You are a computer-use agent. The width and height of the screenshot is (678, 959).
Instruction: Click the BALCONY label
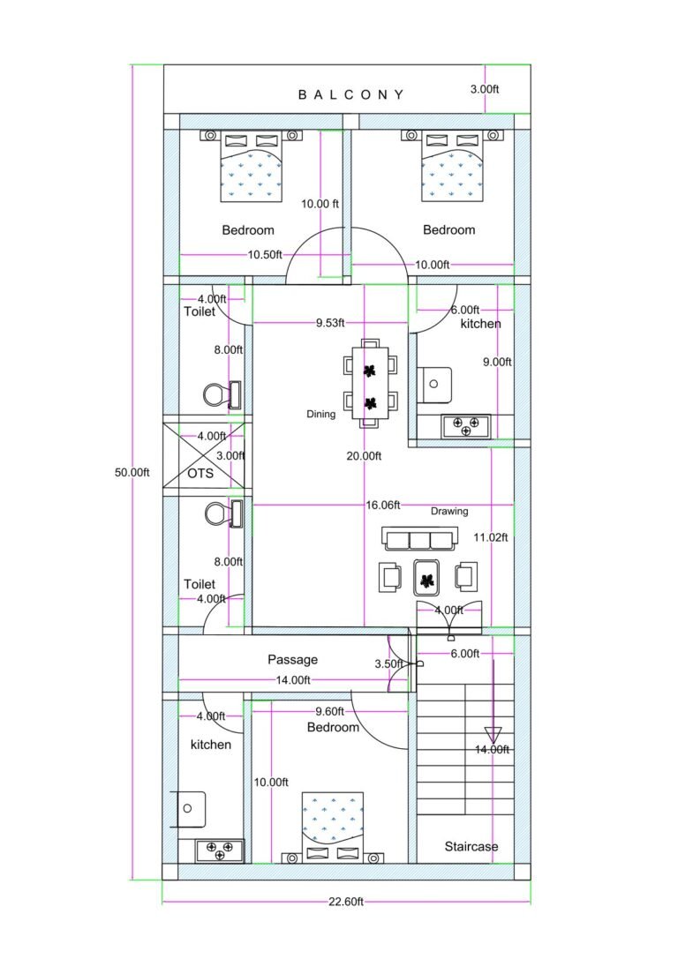click(351, 94)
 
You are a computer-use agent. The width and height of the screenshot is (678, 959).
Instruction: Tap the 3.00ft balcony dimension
click(484, 89)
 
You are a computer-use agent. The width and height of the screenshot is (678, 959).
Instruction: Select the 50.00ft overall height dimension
click(132, 472)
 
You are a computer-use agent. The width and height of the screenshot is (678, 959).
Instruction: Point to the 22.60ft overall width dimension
click(346, 901)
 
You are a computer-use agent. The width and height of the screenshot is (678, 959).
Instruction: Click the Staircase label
click(471, 846)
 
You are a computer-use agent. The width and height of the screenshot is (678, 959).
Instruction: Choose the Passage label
click(292, 659)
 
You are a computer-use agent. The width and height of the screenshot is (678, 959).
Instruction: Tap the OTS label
click(200, 473)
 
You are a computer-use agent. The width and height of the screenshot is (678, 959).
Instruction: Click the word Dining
click(320, 414)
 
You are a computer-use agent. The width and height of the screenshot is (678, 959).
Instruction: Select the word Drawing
click(449, 511)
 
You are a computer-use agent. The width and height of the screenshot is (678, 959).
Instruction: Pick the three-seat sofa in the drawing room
click(420, 537)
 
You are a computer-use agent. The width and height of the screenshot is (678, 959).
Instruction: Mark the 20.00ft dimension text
click(364, 456)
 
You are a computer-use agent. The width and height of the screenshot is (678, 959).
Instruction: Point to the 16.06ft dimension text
click(383, 506)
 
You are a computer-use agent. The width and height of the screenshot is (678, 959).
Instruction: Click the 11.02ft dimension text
click(491, 536)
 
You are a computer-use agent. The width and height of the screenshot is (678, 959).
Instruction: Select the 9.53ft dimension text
click(330, 323)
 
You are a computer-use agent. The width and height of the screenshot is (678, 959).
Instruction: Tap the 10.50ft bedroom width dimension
click(265, 254)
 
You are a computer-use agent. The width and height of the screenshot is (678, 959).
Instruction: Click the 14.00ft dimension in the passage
click(293, 680)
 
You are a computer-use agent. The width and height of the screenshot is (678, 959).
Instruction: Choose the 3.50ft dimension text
click(388, 663)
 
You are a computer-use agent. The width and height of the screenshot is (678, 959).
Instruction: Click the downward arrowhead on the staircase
click(492, 734)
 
